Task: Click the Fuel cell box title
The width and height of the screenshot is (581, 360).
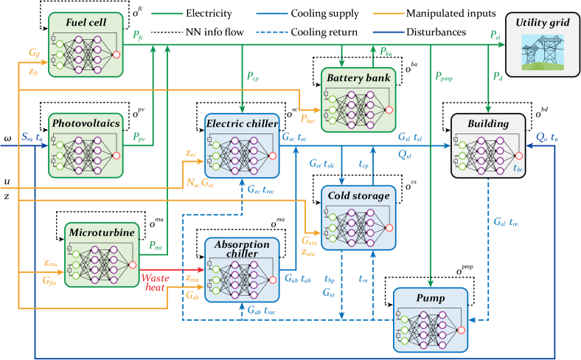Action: (86, 23)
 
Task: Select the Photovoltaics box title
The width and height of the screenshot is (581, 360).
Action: (86, 124)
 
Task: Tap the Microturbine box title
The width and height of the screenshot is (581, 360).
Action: (102, 233)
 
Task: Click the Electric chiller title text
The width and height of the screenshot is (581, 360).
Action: (242, 123)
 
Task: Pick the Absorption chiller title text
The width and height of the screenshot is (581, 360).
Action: (242, 249)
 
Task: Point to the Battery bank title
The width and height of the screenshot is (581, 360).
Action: (359, 77)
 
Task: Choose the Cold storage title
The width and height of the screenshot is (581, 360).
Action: (359, 196)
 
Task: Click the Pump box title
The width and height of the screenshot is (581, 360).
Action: (431, 297)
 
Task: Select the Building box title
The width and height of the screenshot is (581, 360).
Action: (488, 123)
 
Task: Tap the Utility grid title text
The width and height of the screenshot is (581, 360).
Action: (542, 23)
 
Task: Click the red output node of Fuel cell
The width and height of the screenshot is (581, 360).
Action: (116, 55)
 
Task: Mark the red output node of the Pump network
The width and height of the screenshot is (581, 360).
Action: (461, 329)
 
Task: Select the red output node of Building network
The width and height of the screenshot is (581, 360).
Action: (518, 155)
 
